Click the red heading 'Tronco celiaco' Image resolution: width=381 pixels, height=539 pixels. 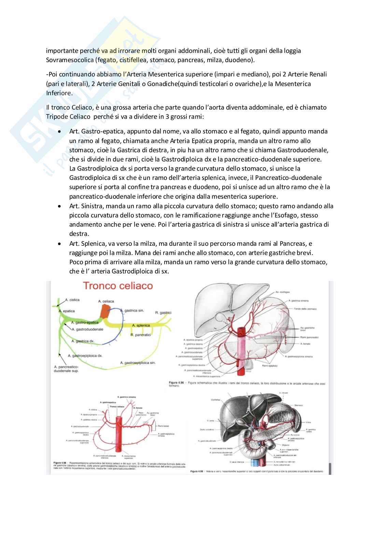(x=118, y=286)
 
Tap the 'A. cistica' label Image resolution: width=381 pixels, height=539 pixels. (x=72, y=300)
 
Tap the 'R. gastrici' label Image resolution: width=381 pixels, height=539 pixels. (x=163, y=313)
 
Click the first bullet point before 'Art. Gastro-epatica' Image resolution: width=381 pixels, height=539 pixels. (x=60, y=132)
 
